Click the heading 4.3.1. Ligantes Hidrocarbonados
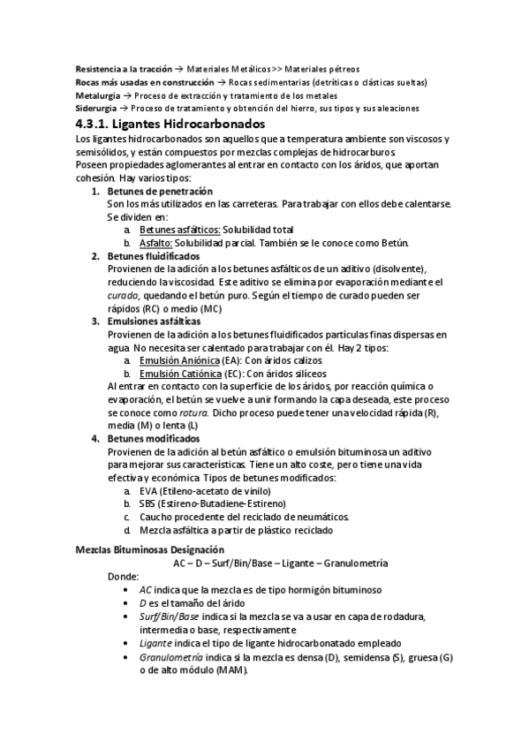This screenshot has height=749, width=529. click(x=170, y=124)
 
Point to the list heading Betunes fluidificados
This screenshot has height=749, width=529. click(x=154, y=256)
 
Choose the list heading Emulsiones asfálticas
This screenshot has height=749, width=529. click(x=155, y=322)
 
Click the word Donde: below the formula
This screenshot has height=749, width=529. click(x=122, y=575)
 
